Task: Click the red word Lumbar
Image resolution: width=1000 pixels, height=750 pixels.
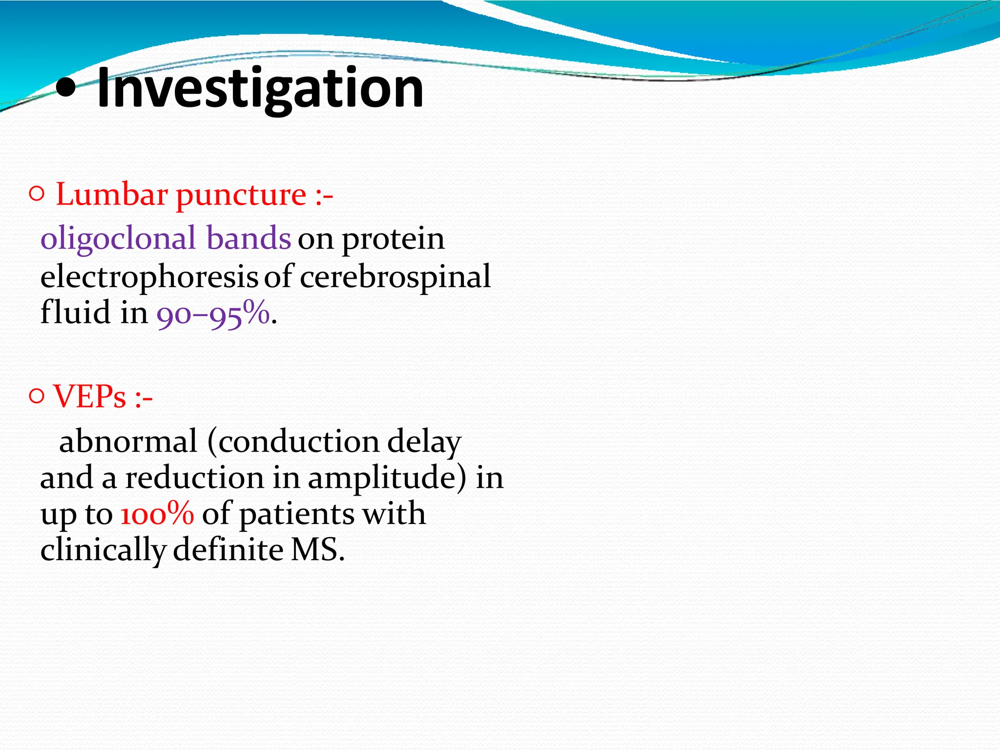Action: pyautogui.click(x=112, y=195)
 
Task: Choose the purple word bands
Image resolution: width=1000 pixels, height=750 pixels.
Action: pyautogui.click(x=249, y=238)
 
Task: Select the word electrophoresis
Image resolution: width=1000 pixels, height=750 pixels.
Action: pyautogui.click(x=149, y=277)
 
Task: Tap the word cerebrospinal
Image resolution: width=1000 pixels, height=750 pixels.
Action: pyautogui.click(x=395, y=277)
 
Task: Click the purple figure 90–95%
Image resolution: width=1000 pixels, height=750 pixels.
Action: pyautogui.click(x=213, y=314)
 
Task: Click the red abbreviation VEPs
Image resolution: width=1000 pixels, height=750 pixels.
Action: pyautogui.click(x=90, y=396)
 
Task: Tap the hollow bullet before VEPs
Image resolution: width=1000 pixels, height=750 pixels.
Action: pyautogui.click(x=37, y=396)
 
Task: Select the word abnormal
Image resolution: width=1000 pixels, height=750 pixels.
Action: pyautogui.click(x=128, y=441)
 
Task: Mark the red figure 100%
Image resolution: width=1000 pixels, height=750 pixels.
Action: pyautogui.click(x=157, y=514)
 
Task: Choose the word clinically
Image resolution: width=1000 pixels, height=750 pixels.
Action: pyautogui.click(x=103, y=551)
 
